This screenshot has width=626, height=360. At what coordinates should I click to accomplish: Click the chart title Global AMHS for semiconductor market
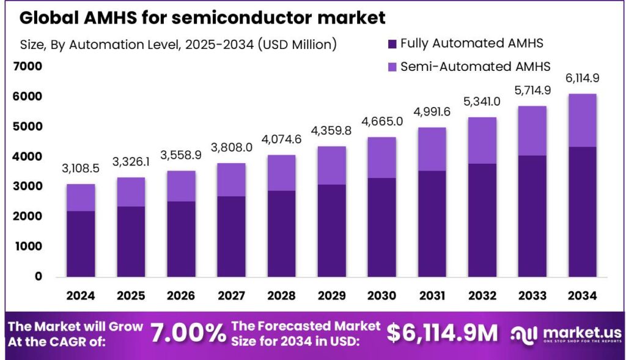202,18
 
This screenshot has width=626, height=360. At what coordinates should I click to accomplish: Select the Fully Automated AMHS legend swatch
392,43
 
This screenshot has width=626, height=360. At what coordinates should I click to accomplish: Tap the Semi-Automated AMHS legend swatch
392,66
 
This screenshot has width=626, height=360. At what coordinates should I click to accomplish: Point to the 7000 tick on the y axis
28,66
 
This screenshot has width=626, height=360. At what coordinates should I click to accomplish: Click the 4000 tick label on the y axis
28,156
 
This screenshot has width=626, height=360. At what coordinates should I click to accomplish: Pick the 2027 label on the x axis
231,296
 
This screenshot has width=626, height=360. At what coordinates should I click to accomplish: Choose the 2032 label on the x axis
482,296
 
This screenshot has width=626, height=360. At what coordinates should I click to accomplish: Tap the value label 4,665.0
381,122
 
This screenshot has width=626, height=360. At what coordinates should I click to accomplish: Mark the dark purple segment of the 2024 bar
81,243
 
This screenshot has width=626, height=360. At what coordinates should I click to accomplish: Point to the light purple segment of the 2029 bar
331,165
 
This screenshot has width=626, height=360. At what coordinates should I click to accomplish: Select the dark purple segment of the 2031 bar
432,223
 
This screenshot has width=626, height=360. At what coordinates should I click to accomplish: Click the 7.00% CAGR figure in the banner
188,334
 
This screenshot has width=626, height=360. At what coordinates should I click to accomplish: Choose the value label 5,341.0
482,101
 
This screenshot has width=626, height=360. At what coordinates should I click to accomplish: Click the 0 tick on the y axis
38,276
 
